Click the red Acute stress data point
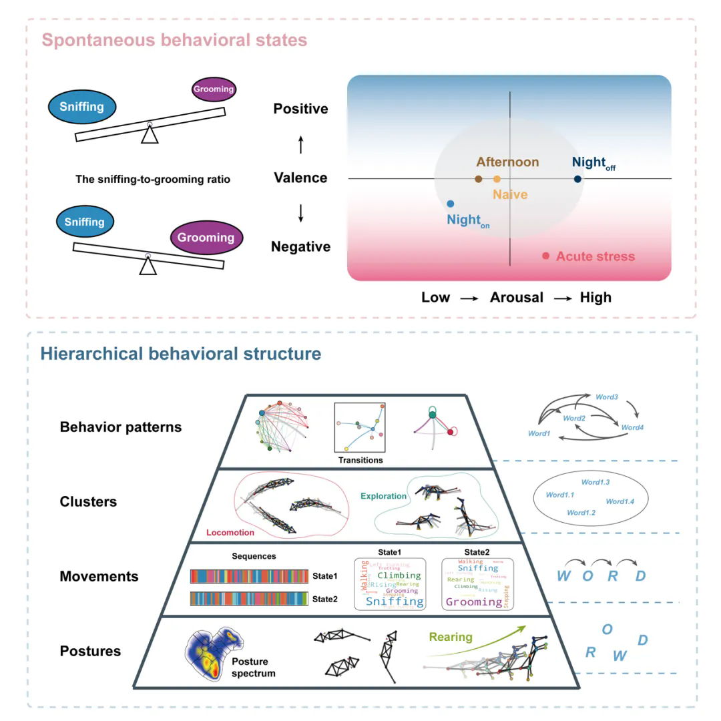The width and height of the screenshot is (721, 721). (x=545, y=256)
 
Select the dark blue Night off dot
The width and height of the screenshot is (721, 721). (x=577, y=179)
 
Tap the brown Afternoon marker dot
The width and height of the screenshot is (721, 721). (x=478, y=179)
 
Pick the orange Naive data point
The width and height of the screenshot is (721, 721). (x=497, y=179)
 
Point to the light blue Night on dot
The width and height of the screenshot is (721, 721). (x=450, y=204)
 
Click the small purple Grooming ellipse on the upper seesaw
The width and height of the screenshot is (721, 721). (x=214, y=89)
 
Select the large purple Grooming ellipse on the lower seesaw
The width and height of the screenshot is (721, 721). (x=206, y=238)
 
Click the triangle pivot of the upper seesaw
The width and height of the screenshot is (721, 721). (x=150, y=134)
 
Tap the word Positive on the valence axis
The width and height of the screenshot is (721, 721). (x=300, y=109)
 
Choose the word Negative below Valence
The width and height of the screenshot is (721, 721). (x=300, y=247)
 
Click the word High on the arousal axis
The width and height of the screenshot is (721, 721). (x=595, y=298)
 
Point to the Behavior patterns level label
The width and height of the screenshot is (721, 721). (x=120, y=427)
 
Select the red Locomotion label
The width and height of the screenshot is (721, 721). (x=230, y=533)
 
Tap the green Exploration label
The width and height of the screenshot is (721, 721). (x=383, y=496)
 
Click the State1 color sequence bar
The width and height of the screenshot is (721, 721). (x=249, y=576)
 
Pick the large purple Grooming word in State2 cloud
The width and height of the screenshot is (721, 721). (x=473, y=602)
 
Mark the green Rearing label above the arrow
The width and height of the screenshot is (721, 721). (x=451, y=637)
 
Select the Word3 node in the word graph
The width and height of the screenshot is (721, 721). (x=606, y=397)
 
